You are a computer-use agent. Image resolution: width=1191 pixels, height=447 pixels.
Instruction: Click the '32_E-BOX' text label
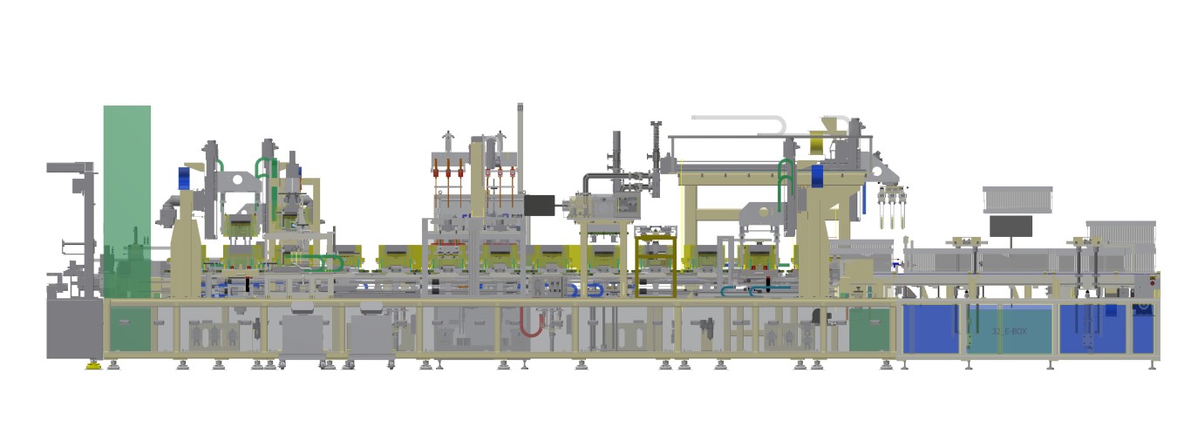(x=1009, y=332)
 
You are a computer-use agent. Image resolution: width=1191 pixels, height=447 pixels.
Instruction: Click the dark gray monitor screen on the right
(x=1011, y=226)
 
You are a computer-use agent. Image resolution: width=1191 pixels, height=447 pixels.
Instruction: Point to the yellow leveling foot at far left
(x=92, y=365)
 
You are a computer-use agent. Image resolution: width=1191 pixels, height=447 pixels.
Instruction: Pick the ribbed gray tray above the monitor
(x=1017, y=200)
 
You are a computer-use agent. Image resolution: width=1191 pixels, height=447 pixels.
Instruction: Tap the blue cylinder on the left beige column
(x=185, y=178)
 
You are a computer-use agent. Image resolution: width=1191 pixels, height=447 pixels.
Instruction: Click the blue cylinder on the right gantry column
(x=817, y=175)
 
